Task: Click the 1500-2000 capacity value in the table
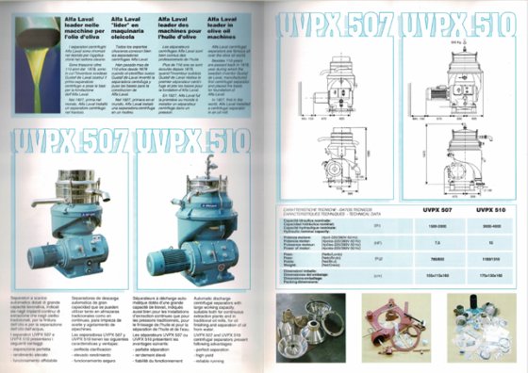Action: point(437,227)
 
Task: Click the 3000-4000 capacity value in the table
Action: point(492,227)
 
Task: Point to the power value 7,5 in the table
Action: point(437,244)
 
